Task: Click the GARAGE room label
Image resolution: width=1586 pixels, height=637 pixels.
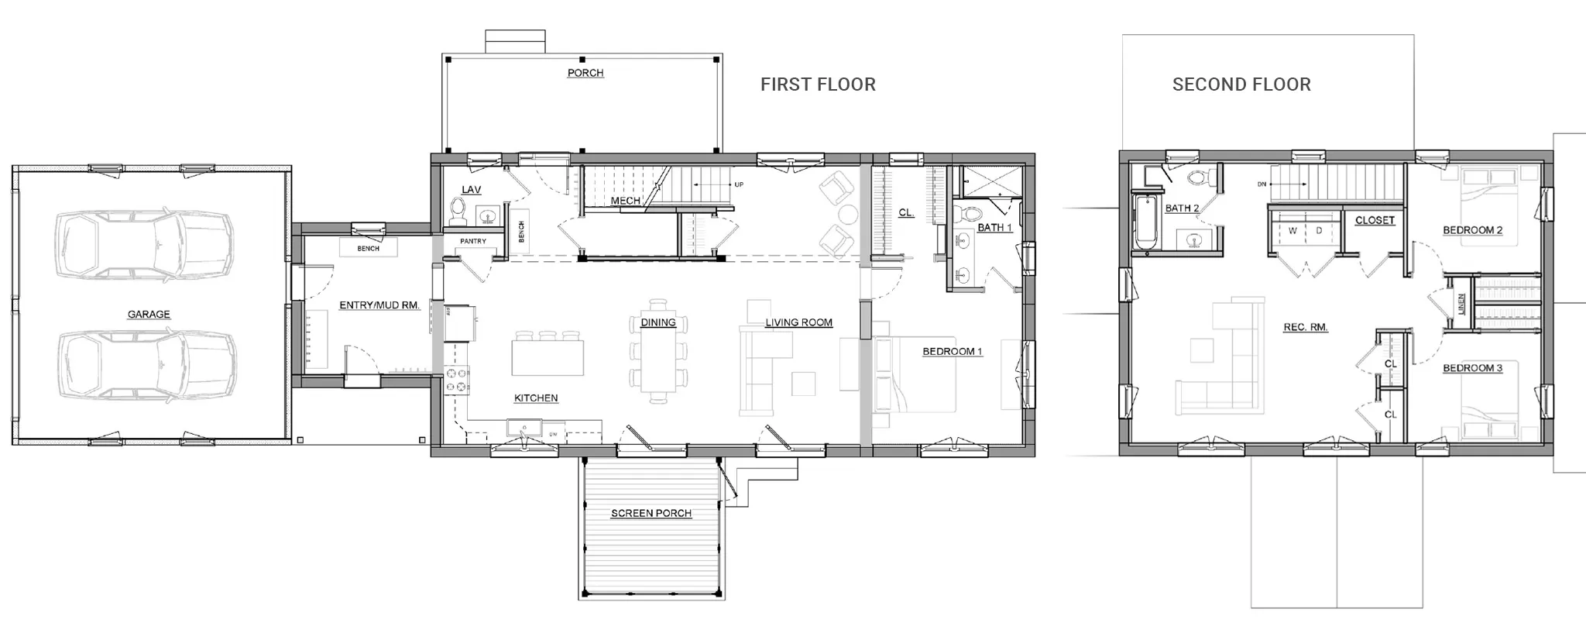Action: [x=149, y=315]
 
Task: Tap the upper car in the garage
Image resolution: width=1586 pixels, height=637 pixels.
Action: [x=144, y=243]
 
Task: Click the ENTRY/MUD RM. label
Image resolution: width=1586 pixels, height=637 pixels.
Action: [x=379, y=305]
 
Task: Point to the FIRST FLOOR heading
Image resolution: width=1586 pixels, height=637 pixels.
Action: [x=818, y=84]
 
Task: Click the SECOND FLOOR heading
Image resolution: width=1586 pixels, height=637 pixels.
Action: [x=1241, y=84]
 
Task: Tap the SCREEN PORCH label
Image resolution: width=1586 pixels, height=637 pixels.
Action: [x=651, y=513]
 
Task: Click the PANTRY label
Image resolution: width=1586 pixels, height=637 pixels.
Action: [x=473, y=241]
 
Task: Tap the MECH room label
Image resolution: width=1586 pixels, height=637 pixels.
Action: [x=625, y=201]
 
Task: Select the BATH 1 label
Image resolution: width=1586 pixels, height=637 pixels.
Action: [x=994, y=228]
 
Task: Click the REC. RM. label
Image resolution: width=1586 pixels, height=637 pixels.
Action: [x=1306, y=328]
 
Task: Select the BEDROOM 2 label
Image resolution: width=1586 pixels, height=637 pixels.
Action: [x=1473, y=230]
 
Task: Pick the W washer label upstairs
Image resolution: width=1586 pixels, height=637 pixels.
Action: [x=1292, y=231]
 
